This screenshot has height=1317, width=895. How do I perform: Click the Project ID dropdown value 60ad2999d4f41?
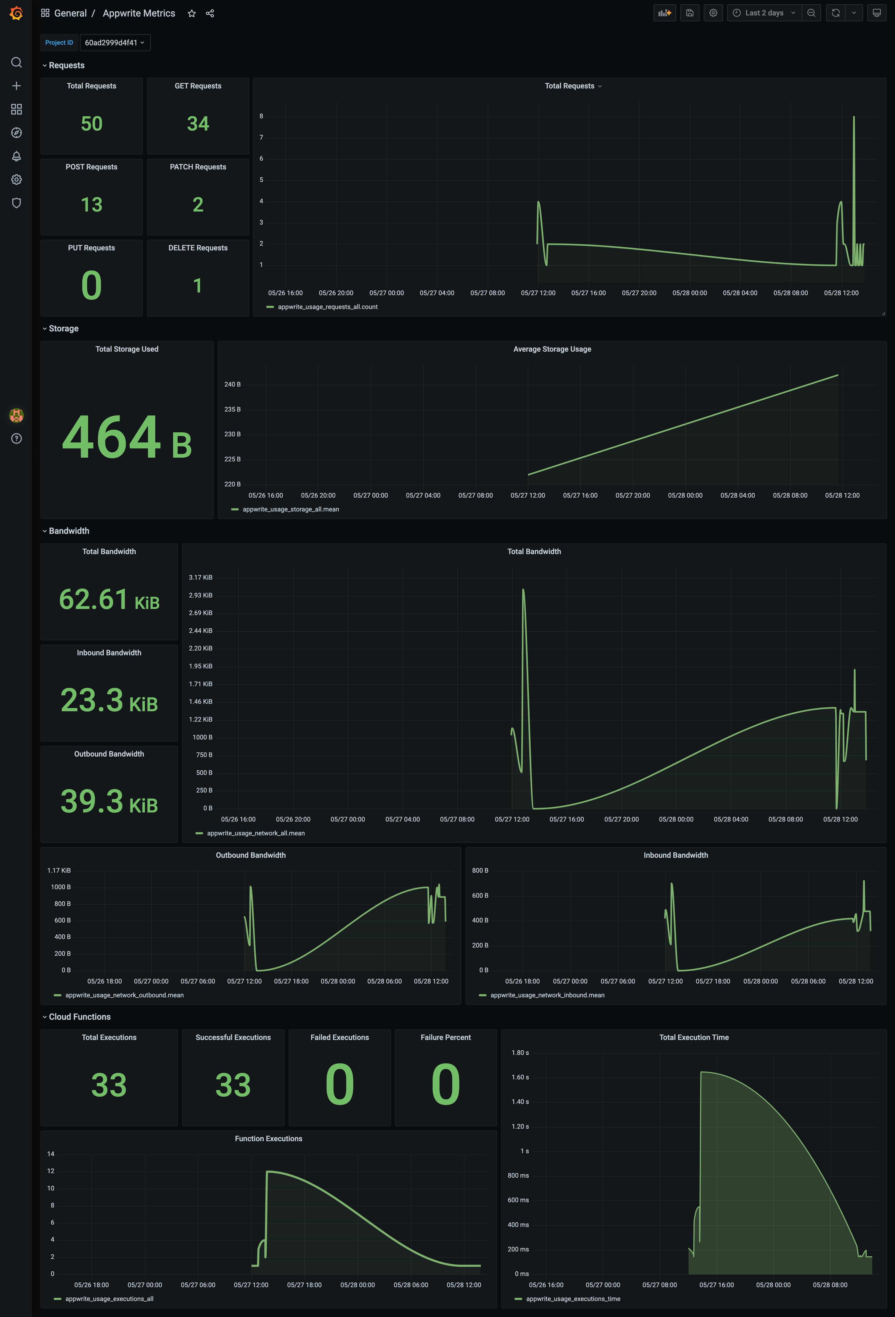115,43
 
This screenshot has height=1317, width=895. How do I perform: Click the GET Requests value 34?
198,124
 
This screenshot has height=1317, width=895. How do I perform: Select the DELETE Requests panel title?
198,248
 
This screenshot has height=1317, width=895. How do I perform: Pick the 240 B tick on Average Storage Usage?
232,384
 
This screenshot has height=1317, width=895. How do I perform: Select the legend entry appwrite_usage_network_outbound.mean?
124,995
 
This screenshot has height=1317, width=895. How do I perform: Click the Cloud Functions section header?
79,1017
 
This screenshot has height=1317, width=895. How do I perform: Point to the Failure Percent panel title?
446,1037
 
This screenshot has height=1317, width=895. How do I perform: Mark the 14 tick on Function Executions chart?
51,1154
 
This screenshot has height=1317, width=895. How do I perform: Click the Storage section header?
63,329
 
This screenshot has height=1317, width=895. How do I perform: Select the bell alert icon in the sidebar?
17,156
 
